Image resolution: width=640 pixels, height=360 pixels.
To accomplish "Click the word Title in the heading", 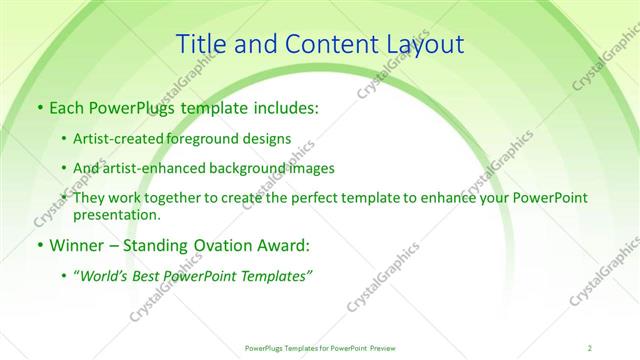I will [x=200, y=44].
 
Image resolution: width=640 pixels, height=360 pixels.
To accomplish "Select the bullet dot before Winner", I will [x=38, y=245].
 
